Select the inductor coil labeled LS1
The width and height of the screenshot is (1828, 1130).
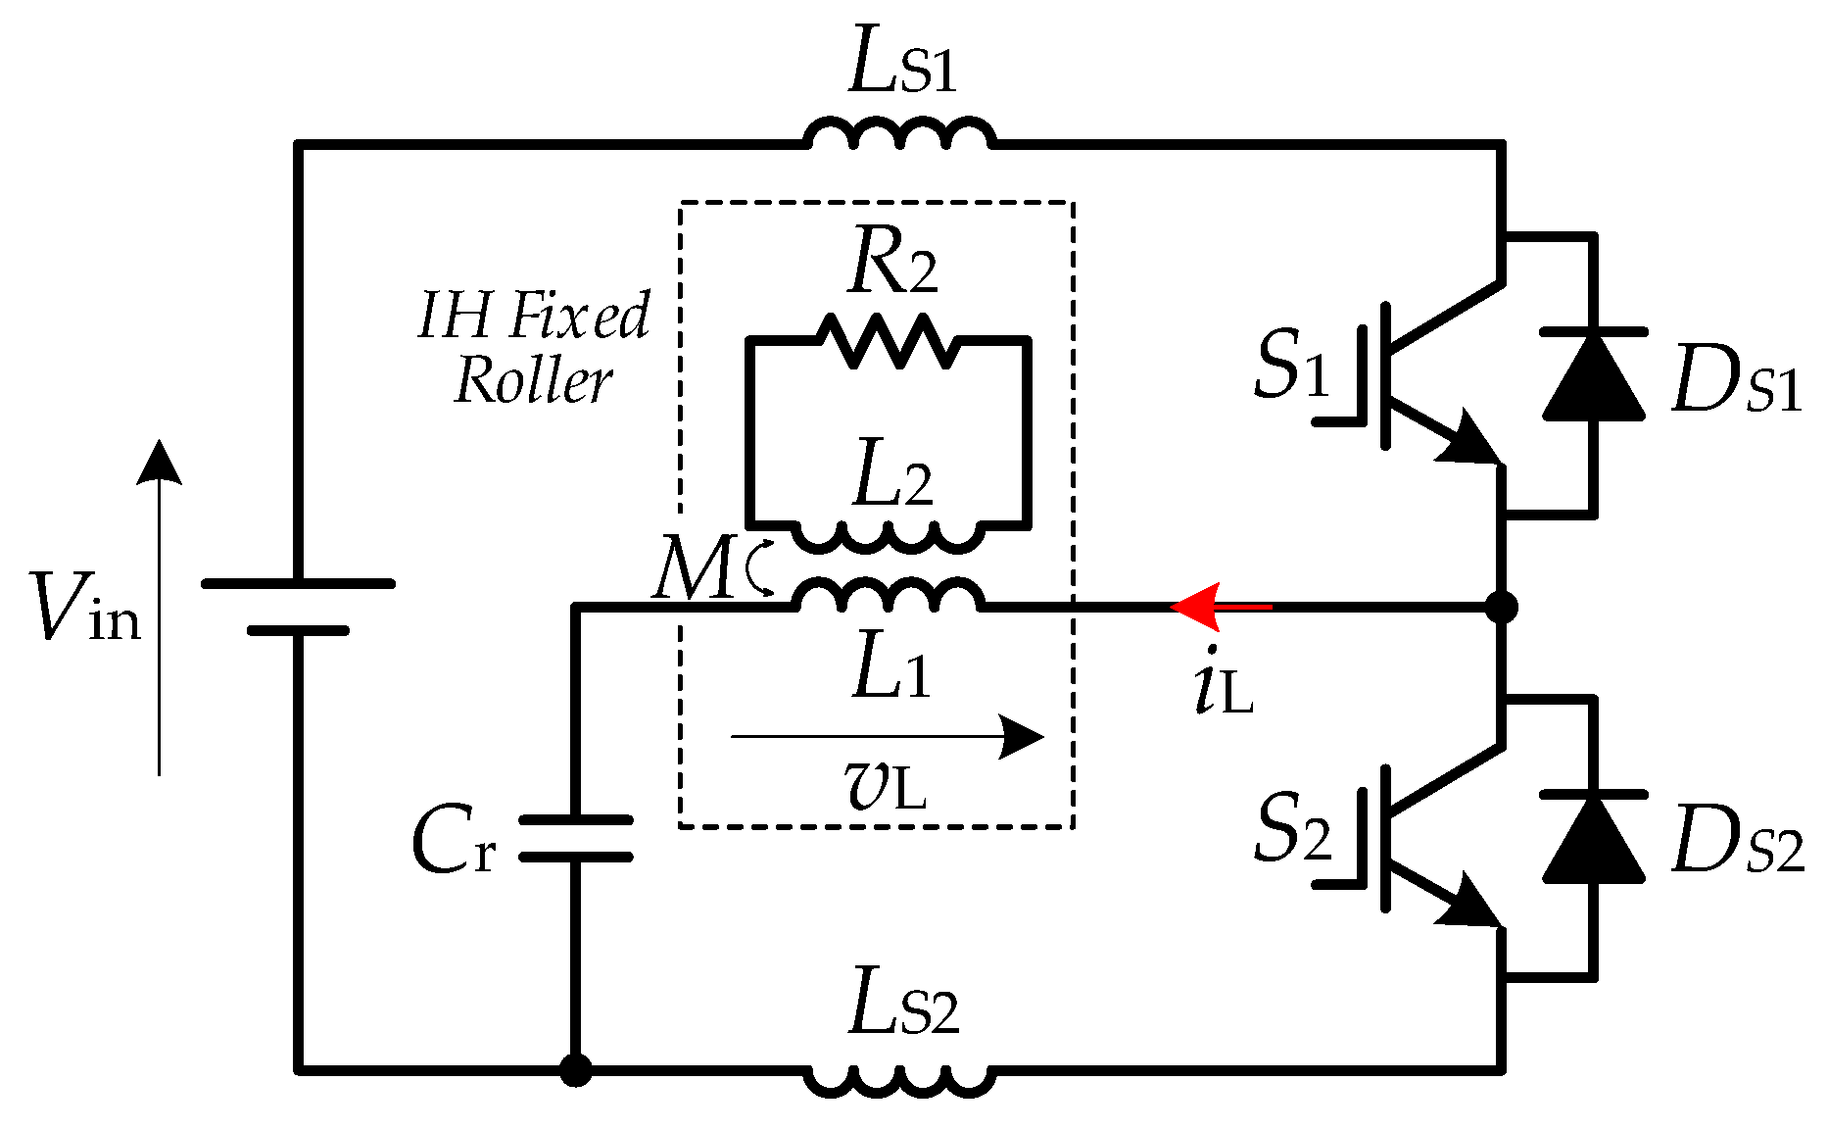click(899, 134)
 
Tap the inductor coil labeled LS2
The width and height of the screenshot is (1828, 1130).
click(899, 1081)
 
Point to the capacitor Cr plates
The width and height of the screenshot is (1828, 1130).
click(575, 838)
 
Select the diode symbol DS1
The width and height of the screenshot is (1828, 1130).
click(1593, 376)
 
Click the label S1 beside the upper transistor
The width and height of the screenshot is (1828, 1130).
click(1291, 365)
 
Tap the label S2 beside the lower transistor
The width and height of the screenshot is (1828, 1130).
click(1291, 828)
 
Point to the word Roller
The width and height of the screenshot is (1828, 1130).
click(534, 380)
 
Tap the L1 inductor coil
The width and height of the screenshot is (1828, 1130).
click(887, 595)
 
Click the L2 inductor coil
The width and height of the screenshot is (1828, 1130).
click(887, 536)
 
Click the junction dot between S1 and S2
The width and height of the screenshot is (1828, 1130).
click(1501, 607)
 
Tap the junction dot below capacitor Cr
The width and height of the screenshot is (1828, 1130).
click(575, 1070)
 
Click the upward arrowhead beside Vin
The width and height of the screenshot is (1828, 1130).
click(159, 462)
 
